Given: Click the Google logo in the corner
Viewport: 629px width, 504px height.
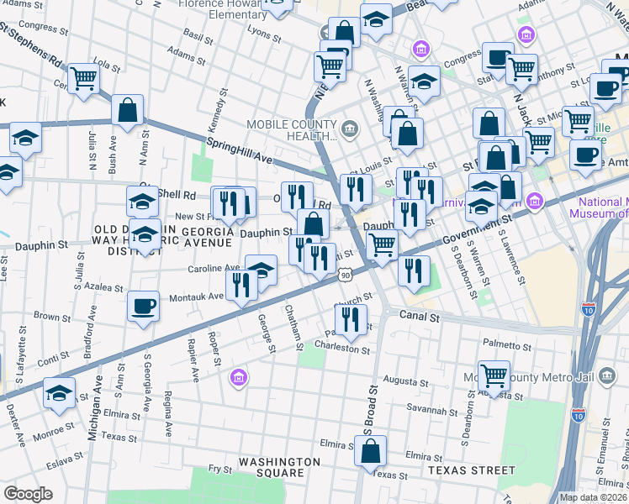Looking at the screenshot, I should point(28,493).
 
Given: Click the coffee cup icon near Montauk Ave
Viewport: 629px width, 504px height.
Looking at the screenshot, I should point(143,306).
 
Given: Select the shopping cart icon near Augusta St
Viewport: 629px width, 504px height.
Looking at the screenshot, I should point(494,375).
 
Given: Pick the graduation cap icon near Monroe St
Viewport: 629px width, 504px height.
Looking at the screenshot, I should point(59,393).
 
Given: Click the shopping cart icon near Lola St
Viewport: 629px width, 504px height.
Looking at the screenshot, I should point(84,78).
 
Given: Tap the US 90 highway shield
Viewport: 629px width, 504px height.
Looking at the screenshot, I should point(346,275).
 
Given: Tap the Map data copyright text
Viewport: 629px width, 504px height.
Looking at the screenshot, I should point(592,497).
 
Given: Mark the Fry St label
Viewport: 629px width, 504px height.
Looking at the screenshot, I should point(220,469).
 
